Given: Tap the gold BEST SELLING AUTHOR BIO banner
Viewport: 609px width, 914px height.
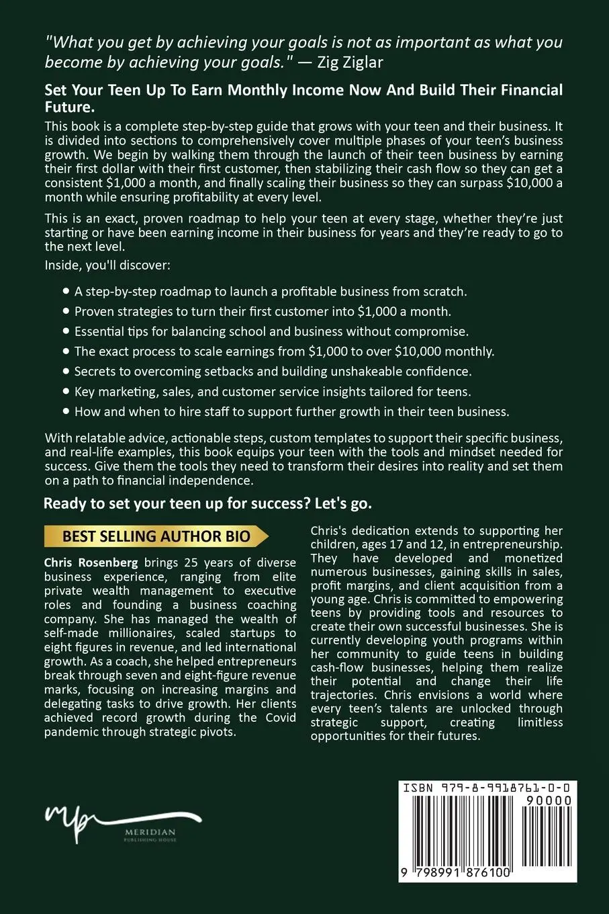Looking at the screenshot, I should click(x=156, y=536).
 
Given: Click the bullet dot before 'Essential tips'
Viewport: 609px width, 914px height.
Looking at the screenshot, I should click(x=65, y=331).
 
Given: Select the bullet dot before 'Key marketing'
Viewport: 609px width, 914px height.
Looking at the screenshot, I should click(x=65, y=391).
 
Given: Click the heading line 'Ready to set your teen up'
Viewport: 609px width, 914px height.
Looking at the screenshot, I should click(x=207, y=504).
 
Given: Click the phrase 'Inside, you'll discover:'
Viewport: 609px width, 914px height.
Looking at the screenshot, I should click(x=107, y=265).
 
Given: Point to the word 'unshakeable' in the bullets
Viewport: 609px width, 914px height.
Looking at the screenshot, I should click(x=363, y=371).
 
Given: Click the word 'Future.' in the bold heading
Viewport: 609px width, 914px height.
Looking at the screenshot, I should click(x=68, y=108).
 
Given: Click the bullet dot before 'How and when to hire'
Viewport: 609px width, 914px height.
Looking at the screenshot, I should click(x=65, y=411).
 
